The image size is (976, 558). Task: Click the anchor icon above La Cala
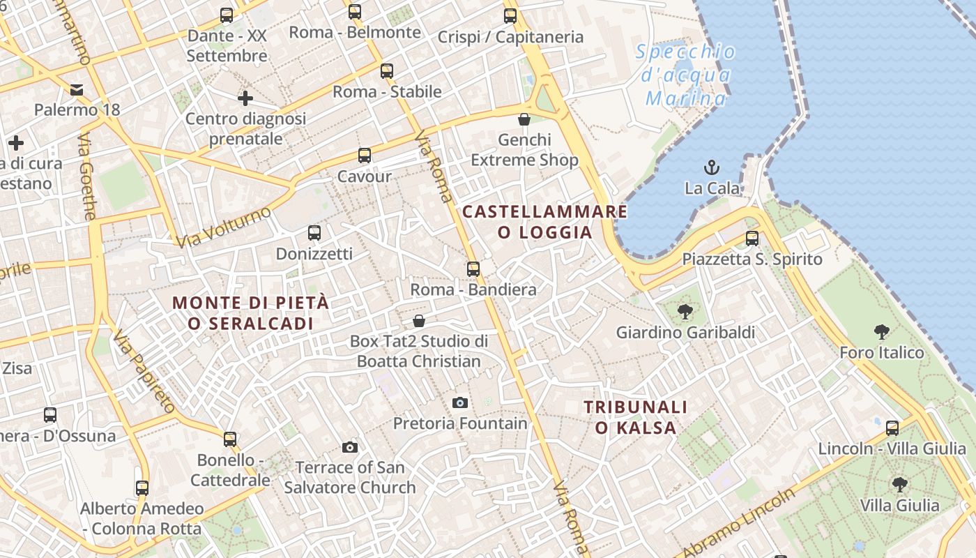tap(712, 167)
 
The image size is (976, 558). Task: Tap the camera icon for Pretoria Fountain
tap(459, 402)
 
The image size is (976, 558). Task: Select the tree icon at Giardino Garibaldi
tap(685, 312)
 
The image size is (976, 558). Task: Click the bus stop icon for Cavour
tap(364, 156)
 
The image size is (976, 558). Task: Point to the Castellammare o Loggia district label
tap(544, 222)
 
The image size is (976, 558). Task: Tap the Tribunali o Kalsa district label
tap(635, 417)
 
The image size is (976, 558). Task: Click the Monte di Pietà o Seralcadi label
tap(250, 313)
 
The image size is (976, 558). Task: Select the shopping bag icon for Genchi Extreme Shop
tap(524, 119)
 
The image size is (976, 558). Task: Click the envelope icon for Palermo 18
tap(77, 89)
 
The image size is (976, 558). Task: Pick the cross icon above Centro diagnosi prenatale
tap(245, 98)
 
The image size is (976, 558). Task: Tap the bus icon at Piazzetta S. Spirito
tap(752, 239)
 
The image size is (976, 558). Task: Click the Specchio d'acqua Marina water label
tap(685, 75)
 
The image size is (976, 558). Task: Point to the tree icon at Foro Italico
tap(881, 332)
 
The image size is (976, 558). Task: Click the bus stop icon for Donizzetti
tap(314, 233)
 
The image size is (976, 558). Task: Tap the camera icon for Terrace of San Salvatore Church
tap(350, 447)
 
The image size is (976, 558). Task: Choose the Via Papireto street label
tap(145, 370)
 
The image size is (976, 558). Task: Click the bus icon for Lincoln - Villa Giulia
tap(892, 428)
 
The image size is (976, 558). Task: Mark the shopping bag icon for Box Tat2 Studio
tap(419, 321)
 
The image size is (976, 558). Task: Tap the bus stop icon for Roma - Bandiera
tap(473, 269)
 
